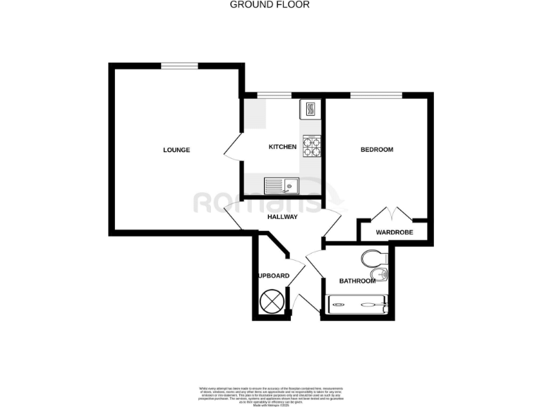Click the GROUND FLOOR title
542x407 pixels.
tap(270, 4)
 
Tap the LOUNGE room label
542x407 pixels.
tap(176, 150)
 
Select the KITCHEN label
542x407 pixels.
tap(282, 147)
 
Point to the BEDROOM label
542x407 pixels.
tap(377, 150)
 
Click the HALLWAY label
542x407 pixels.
tap(282, 217)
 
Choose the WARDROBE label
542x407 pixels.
tap(394, 232)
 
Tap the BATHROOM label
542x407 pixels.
tap(357, 281)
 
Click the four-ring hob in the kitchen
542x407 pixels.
tap(311, 146)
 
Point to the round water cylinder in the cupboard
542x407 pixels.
tap(272, 302)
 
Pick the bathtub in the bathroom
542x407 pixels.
tap(356, 305)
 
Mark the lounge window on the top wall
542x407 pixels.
tap(179, 66)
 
